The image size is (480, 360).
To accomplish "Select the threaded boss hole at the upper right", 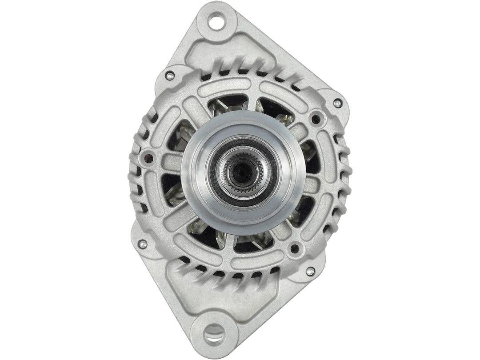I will (x=316, y=118).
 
